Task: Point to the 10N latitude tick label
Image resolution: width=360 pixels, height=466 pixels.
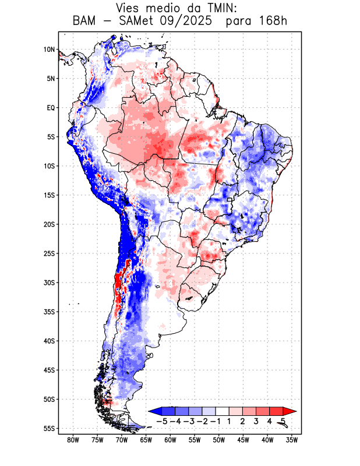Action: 49,50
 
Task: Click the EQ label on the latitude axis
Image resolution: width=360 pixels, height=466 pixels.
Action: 51,108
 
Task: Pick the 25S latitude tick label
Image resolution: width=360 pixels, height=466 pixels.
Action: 49,253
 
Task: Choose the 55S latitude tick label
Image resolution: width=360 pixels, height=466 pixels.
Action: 49,428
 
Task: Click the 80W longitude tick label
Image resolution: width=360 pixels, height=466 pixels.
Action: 73,440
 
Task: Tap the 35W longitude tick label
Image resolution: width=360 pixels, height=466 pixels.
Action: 292,440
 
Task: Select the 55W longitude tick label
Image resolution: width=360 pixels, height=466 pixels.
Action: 195,440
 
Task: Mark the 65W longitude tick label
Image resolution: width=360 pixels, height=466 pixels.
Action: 146,440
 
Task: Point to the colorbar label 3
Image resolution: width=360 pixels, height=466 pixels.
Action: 256,421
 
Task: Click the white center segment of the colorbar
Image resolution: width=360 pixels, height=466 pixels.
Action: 223,411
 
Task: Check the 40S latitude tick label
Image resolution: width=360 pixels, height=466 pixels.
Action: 49,341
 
